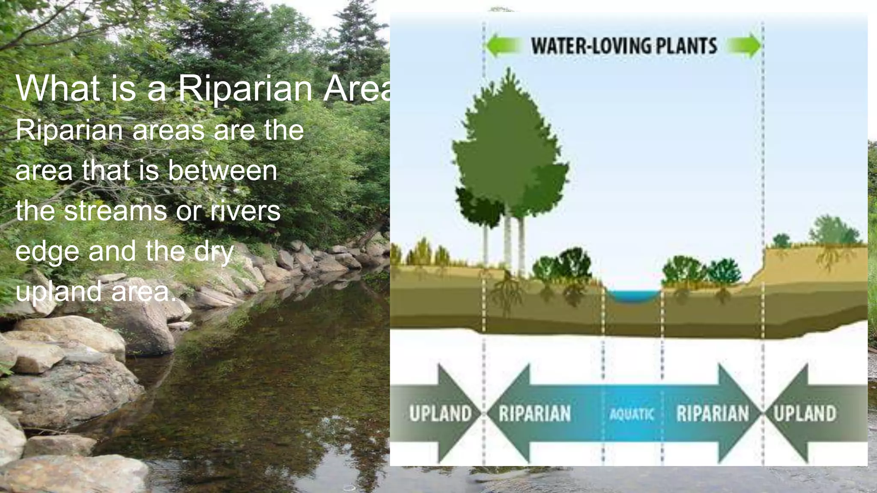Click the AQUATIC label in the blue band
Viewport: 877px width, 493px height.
632,414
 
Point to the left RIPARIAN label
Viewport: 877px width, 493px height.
535,413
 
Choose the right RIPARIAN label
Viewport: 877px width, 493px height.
713,413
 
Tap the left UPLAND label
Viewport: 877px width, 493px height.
440,413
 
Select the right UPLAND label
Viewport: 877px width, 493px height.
805,413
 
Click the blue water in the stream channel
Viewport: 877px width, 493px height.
633,296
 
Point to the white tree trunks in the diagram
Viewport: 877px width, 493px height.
508,244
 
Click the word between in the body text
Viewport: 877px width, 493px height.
222,170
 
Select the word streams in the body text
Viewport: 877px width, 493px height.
116,211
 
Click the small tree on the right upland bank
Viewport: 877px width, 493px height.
833,231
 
